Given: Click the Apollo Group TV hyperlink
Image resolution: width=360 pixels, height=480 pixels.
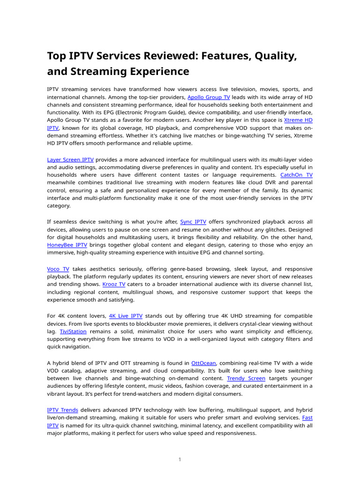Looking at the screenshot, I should [209, 97].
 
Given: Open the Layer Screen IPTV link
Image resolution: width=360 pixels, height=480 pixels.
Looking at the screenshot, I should [70, 159].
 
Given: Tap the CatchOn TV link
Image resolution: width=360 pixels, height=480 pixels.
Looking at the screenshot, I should [296, 175].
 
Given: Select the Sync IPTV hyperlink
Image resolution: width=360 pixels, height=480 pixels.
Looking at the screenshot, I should [193, 222].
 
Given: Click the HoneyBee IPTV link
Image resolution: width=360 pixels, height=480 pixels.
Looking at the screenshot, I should [67, 245].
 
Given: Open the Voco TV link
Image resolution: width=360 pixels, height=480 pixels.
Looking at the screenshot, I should [58, 269].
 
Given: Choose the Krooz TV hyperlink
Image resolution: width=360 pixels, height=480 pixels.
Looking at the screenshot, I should [114, 284].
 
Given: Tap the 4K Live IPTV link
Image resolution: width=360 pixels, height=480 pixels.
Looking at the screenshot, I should [126, 316].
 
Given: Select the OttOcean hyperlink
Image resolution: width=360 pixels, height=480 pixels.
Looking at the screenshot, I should [203, 363].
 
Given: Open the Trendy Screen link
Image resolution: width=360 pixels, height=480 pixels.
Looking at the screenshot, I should [246, 378].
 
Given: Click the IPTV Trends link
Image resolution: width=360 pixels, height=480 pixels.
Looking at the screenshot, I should [63, 410].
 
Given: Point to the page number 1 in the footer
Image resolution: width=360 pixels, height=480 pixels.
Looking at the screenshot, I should [180, 459].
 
